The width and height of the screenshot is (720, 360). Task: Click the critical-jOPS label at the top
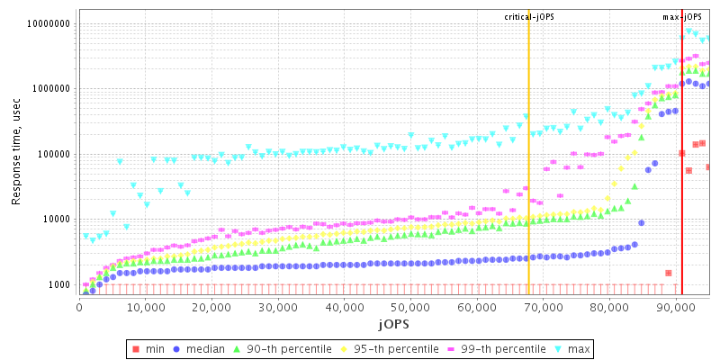click(528, 17)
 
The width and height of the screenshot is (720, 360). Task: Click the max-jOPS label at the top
click(682, 17)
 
